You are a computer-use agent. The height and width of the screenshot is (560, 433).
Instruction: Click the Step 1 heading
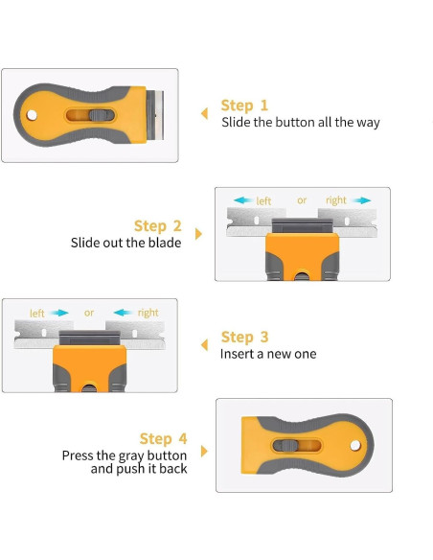click(x=244, y=105)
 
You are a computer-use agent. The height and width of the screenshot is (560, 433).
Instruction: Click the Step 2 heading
click(x=158, y=226)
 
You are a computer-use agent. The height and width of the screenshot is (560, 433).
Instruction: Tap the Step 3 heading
click(x=244, y=337)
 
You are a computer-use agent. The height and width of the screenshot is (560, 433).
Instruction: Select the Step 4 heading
click(x=164, y=438)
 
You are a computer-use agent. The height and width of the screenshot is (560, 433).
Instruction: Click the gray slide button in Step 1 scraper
click(x=98, y=115)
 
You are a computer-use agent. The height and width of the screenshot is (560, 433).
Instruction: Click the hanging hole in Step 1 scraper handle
click(x=32, y=115)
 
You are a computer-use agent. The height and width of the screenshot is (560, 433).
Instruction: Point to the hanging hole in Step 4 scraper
click(x=355, y=445)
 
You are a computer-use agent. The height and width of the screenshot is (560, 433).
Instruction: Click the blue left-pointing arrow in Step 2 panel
click(x=243, y=200)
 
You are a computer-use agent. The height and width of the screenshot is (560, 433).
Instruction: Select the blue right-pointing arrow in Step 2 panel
click(x=361, y=200)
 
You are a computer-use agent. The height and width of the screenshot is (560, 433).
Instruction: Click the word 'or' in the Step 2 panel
click(x=302, y=200)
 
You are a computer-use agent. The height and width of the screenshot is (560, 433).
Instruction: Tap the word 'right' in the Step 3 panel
click(x=148, y=313)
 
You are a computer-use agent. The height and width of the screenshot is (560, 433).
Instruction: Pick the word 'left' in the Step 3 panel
click(x=37, y=314)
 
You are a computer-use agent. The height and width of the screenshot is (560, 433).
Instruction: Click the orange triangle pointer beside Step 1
click(x=204, y=113)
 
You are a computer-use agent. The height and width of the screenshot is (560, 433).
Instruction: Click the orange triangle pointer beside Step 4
click(x=204, y=451)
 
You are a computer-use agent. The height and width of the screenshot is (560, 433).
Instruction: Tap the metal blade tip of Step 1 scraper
click(x=159, y=115)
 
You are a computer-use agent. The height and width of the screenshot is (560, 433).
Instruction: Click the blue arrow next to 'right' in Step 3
click(x=124, y=313)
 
